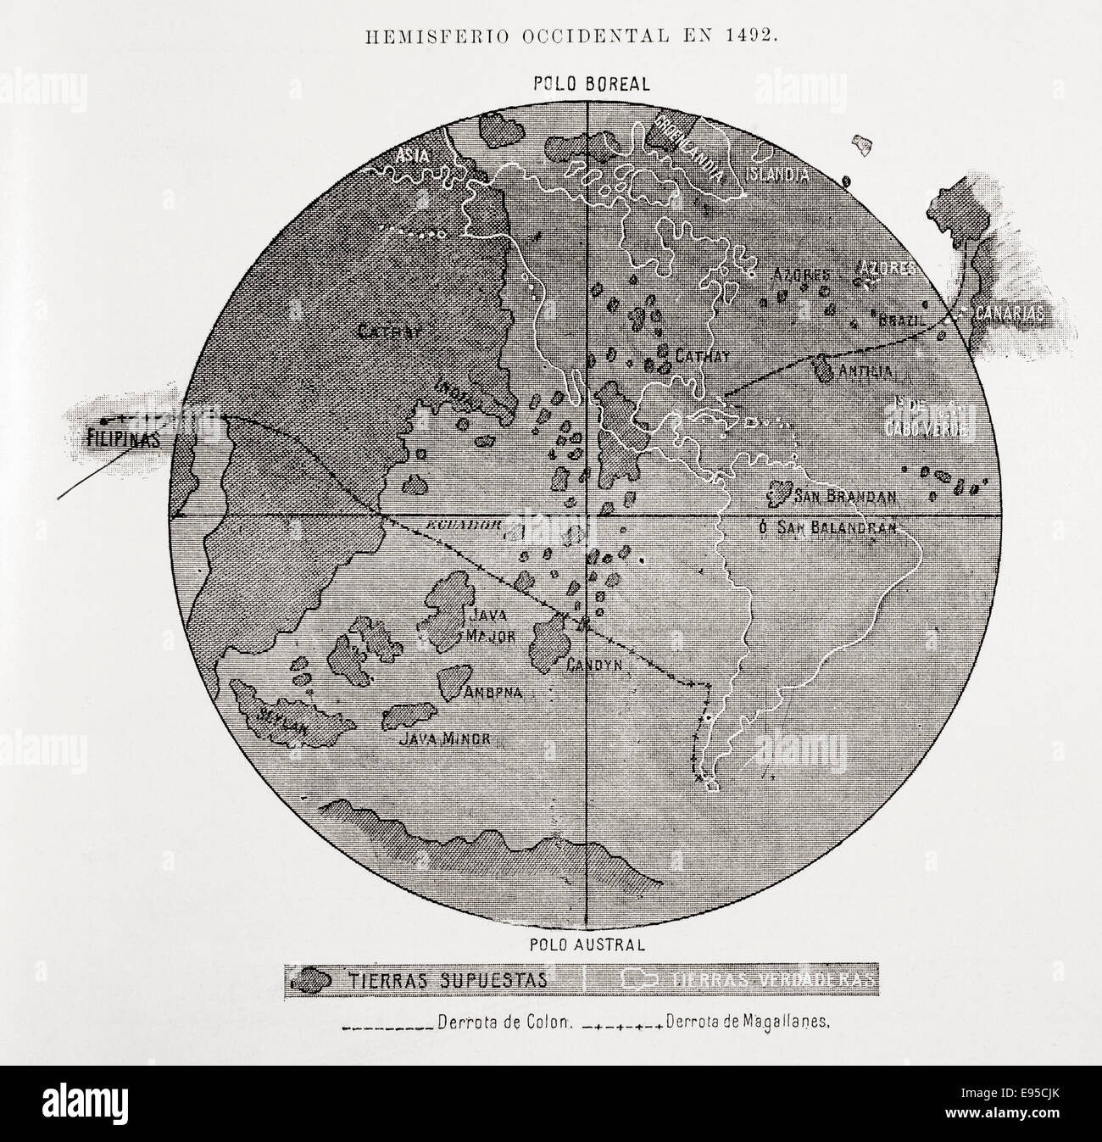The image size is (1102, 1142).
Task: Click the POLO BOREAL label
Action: (591, 83)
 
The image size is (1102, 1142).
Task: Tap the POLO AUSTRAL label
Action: (590, 942)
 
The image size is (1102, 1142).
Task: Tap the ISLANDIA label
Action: (776, 175)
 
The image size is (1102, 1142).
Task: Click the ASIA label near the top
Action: (419, 155)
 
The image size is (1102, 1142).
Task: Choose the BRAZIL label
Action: (899, 321)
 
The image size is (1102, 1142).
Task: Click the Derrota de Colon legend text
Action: (507, 1022)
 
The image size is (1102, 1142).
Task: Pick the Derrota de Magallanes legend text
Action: (747, 1022)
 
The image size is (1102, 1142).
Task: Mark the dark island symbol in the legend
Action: (310, 980)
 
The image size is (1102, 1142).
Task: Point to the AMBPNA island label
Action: (492, 692)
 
